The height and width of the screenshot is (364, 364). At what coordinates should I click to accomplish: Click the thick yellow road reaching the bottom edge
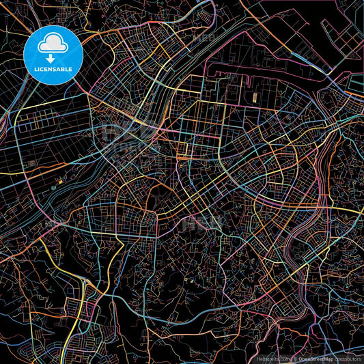[x=64, y=359]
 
